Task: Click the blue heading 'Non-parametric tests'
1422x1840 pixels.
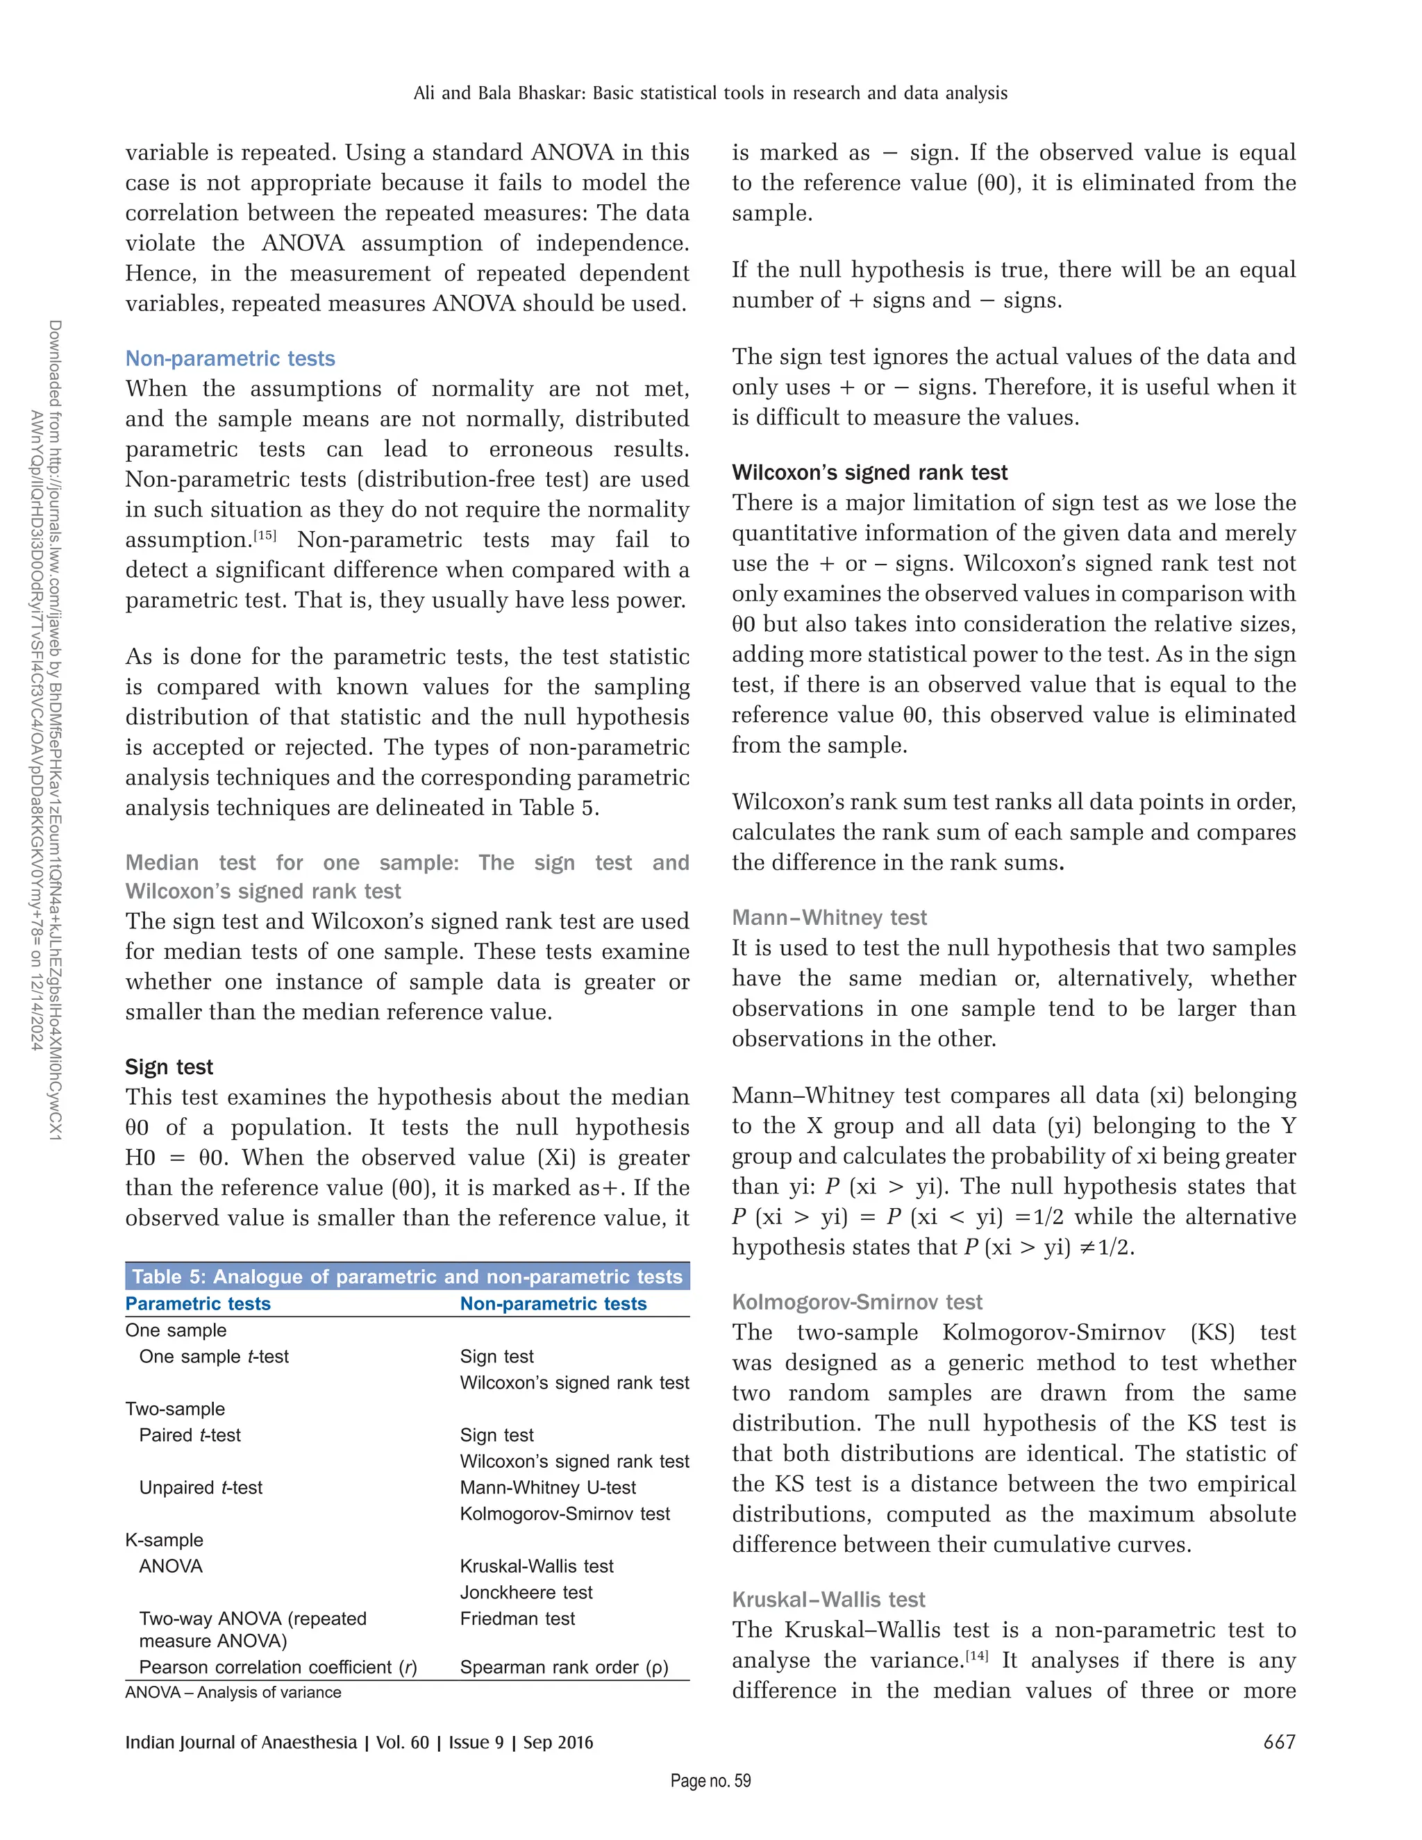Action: click(x=230, y=359)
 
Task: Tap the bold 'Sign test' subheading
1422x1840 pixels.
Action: click(x=169, y=1067)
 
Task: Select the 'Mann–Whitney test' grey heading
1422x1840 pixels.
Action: click(x=829, y=917)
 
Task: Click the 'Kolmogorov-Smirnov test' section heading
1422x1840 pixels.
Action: click(x=857, y=1303)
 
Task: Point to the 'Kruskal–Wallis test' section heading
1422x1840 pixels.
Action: click(x=828, y=1600)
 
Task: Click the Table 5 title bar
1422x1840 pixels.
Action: click(x=407, y=1276)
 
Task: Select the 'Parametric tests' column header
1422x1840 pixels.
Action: click(x=198, y=1304)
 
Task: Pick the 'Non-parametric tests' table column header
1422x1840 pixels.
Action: click(x=553, y=1304)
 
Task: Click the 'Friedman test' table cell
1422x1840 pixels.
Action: click(x=517, y=1619)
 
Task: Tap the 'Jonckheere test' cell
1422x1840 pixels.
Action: click(x=526, y=1593)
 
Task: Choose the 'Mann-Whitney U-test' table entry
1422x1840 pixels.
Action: click(x=549, y=1488)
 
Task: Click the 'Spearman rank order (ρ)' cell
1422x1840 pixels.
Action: click(x=564, y=1667)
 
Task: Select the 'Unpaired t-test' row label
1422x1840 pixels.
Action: click(x=201, y=1488)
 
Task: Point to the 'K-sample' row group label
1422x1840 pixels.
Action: click(x=165, y=1540)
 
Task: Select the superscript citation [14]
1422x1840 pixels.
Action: click(x=976, y=1655)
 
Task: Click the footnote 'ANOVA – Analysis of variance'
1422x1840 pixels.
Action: click(x=233, y=1693)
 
